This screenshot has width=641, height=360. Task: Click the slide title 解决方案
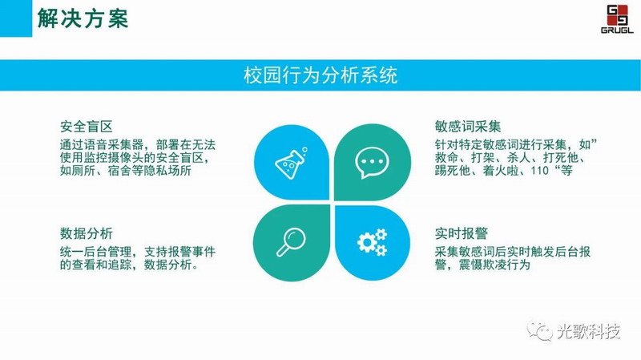[x=83, y=18]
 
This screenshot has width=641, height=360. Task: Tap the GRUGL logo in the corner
[x=617, y=18]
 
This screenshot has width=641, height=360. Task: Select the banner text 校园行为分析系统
[x=320, y=75]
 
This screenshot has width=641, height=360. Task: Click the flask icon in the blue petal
[x=291, y=163]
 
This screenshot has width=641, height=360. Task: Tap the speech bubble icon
[x=371, y=163]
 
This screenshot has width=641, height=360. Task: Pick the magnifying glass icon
[x=291, y=242]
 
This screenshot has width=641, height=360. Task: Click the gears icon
[x=372, y=242]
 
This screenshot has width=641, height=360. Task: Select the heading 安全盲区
[x=87, y=127]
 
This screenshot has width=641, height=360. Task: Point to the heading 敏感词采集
[x=468, y=127]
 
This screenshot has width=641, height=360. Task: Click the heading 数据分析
[x=87, y=233]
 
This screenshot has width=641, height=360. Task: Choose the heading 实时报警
[x=462, y=233]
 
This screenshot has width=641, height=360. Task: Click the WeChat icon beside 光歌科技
[x=539, y=330]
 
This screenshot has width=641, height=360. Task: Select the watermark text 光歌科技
[x=588, y=331]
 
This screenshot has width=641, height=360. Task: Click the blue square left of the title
[x=16, y=18]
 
